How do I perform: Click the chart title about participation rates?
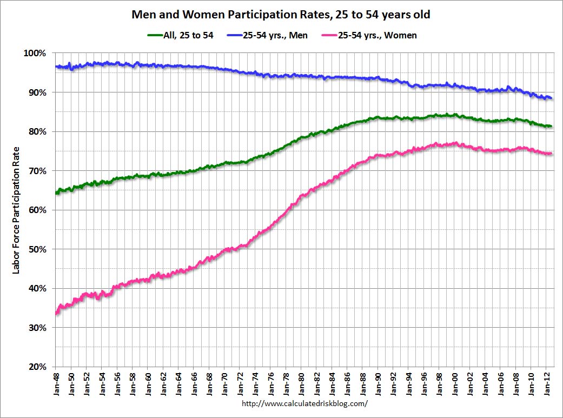click(281, 15)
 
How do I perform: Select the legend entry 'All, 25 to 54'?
click(181, 35)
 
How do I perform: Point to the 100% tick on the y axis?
click(36, 54)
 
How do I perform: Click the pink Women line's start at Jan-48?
click(57, 313)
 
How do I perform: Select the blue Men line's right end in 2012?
click(551, 98)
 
